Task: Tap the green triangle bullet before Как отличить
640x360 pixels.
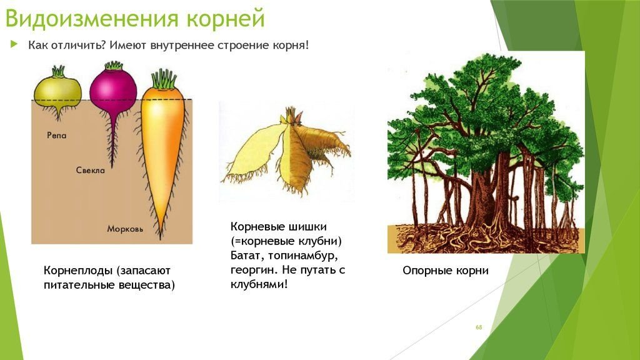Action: pos(14,44)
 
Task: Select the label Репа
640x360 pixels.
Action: pos(56,135)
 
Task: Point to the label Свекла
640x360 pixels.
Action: pos(90,170)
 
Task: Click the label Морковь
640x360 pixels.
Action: pos(125,229)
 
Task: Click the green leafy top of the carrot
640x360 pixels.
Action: pos(164,79)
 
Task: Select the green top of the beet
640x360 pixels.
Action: pos(114,65)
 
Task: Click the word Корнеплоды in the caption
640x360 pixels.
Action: pos(78,271)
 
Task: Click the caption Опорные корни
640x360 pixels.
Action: pos(445,271)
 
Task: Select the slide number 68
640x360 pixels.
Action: pos(479,327)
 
